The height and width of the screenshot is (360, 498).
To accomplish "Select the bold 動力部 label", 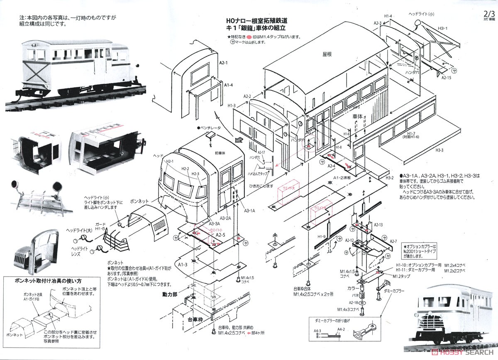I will pyautogui.click(x=170, y=294).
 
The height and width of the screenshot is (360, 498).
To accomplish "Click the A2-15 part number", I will pyautogui.click(x=446, y=78).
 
